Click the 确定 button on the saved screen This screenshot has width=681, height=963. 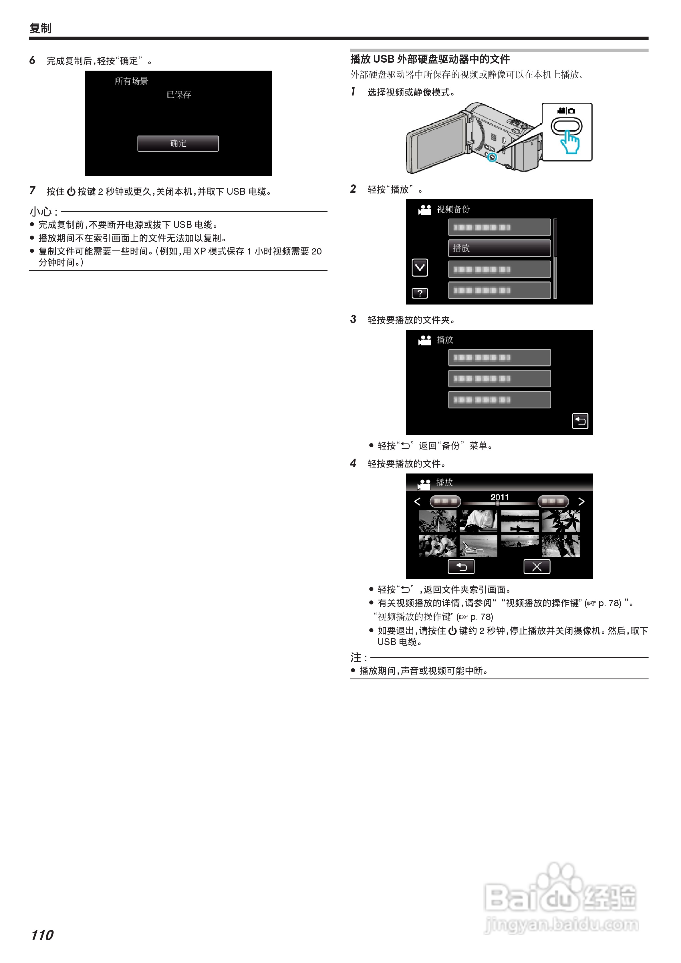coord(178,144)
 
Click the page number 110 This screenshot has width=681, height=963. coord(42,935)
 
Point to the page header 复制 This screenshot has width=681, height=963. coord(41,28)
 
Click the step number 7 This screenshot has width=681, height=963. coord(32,190)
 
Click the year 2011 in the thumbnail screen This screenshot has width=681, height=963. coord(499,497)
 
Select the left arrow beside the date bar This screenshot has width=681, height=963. coord(417,501)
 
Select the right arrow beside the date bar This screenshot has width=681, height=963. coord(581,501)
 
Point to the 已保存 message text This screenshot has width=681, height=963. coord(179,95)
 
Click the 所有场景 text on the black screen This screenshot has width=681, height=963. coord(131,81)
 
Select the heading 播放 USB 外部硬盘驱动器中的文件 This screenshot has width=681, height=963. coord(430,59)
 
